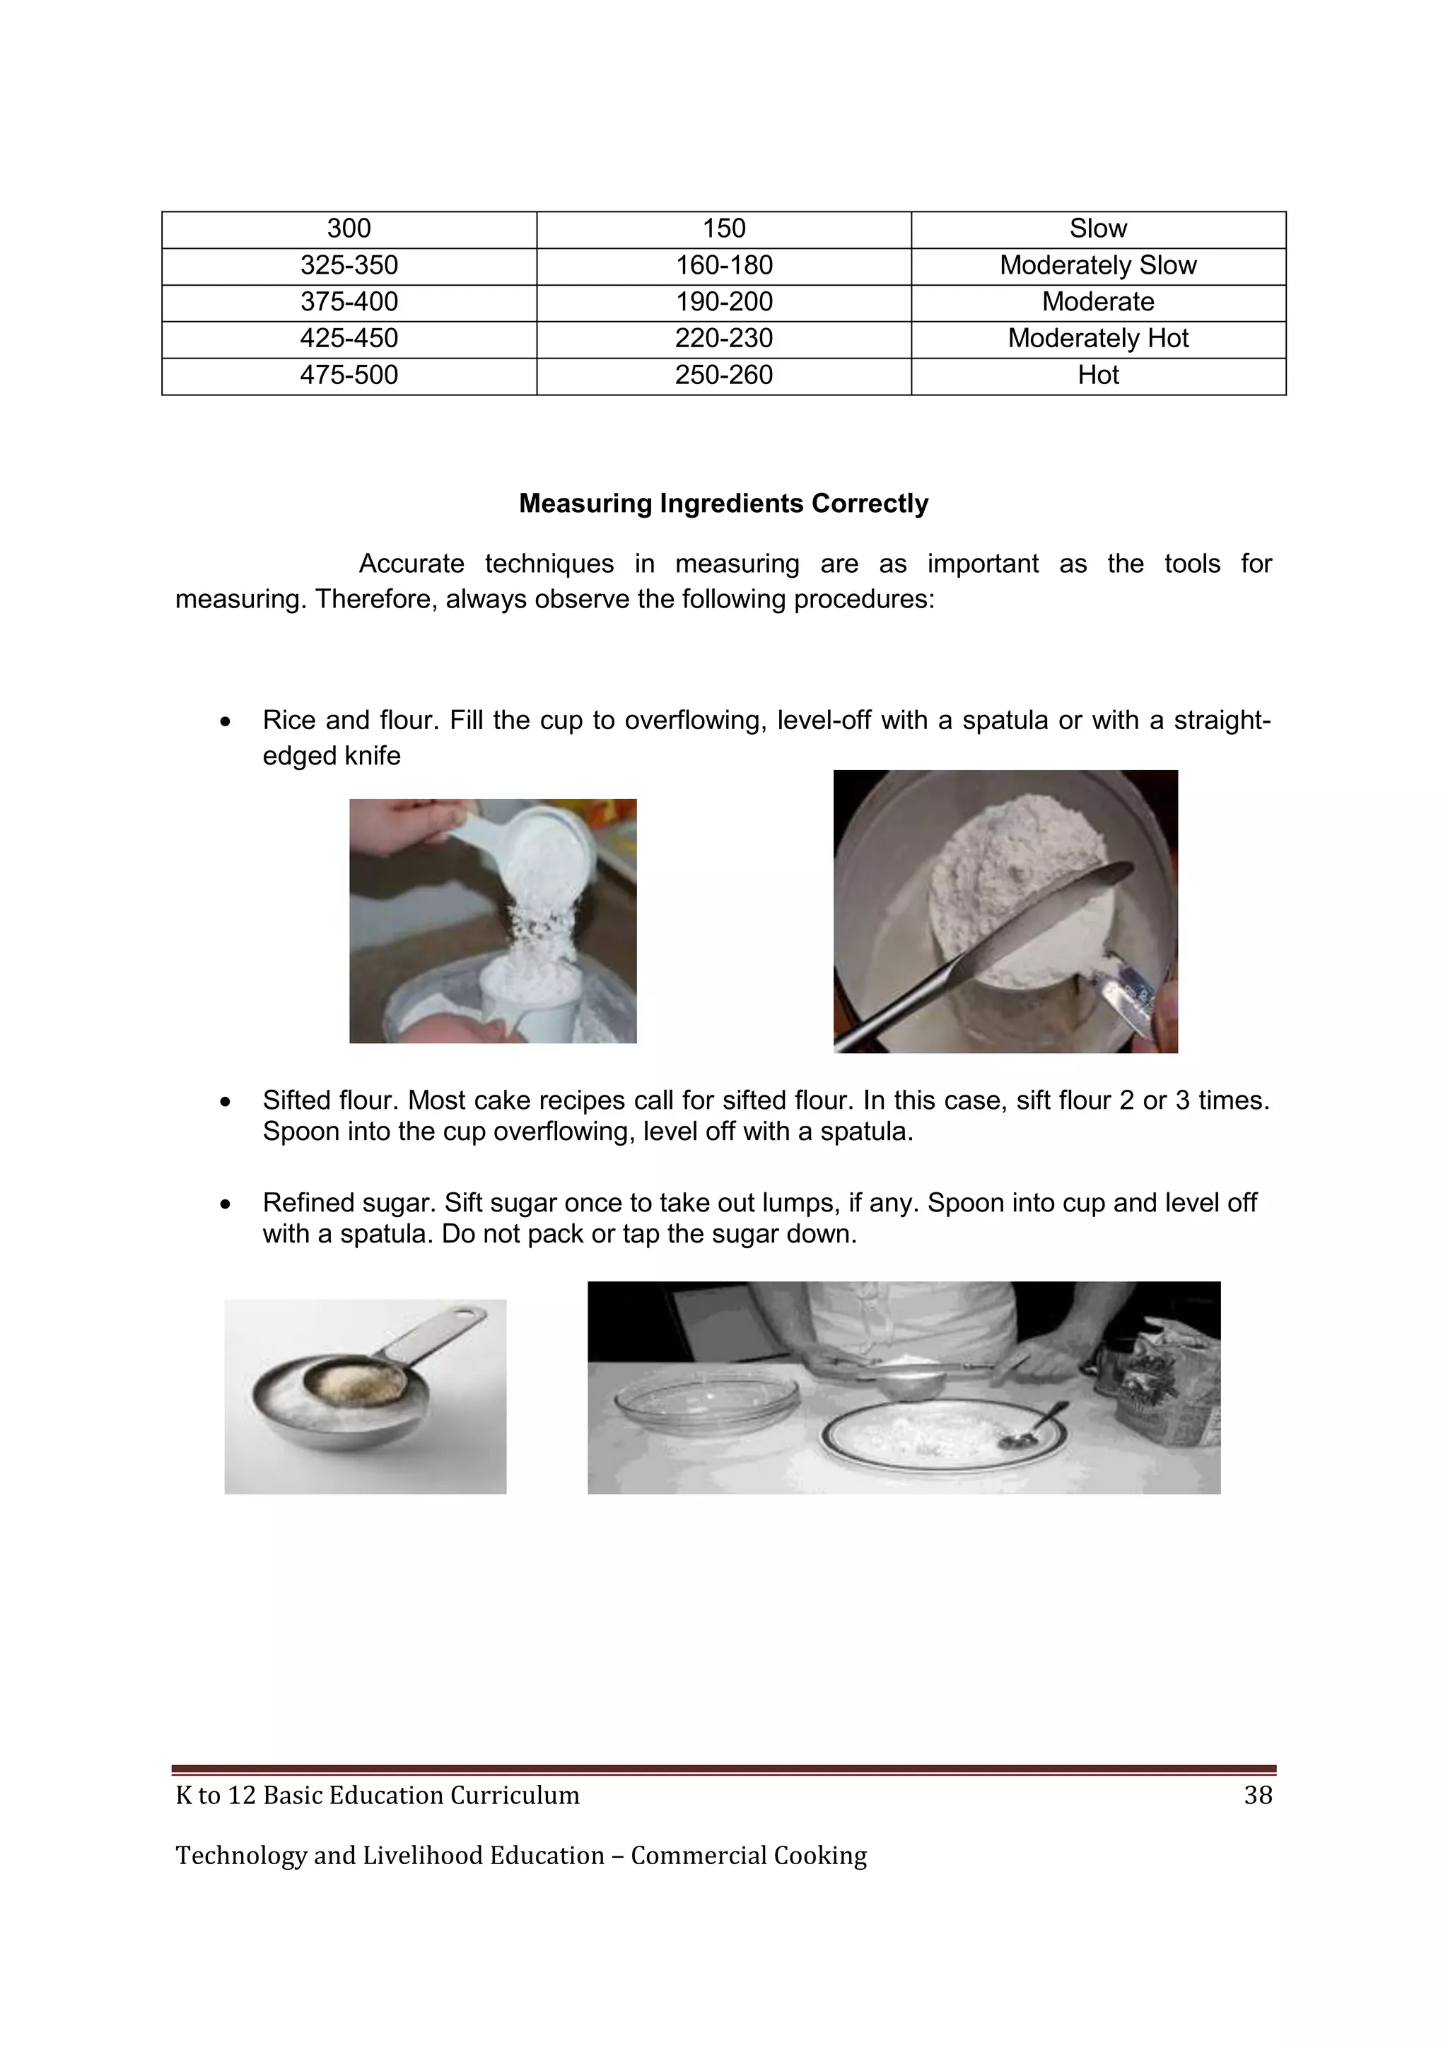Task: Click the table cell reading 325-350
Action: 349,266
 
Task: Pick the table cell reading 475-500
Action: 349,376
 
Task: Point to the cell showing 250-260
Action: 723,376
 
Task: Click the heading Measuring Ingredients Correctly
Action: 723,504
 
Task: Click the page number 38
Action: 1257,1796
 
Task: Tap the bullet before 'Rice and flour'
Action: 226,721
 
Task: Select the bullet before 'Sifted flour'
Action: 226,1102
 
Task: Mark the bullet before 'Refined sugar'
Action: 226,1205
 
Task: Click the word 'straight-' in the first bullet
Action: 1222,721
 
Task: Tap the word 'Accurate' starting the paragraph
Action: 411,564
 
